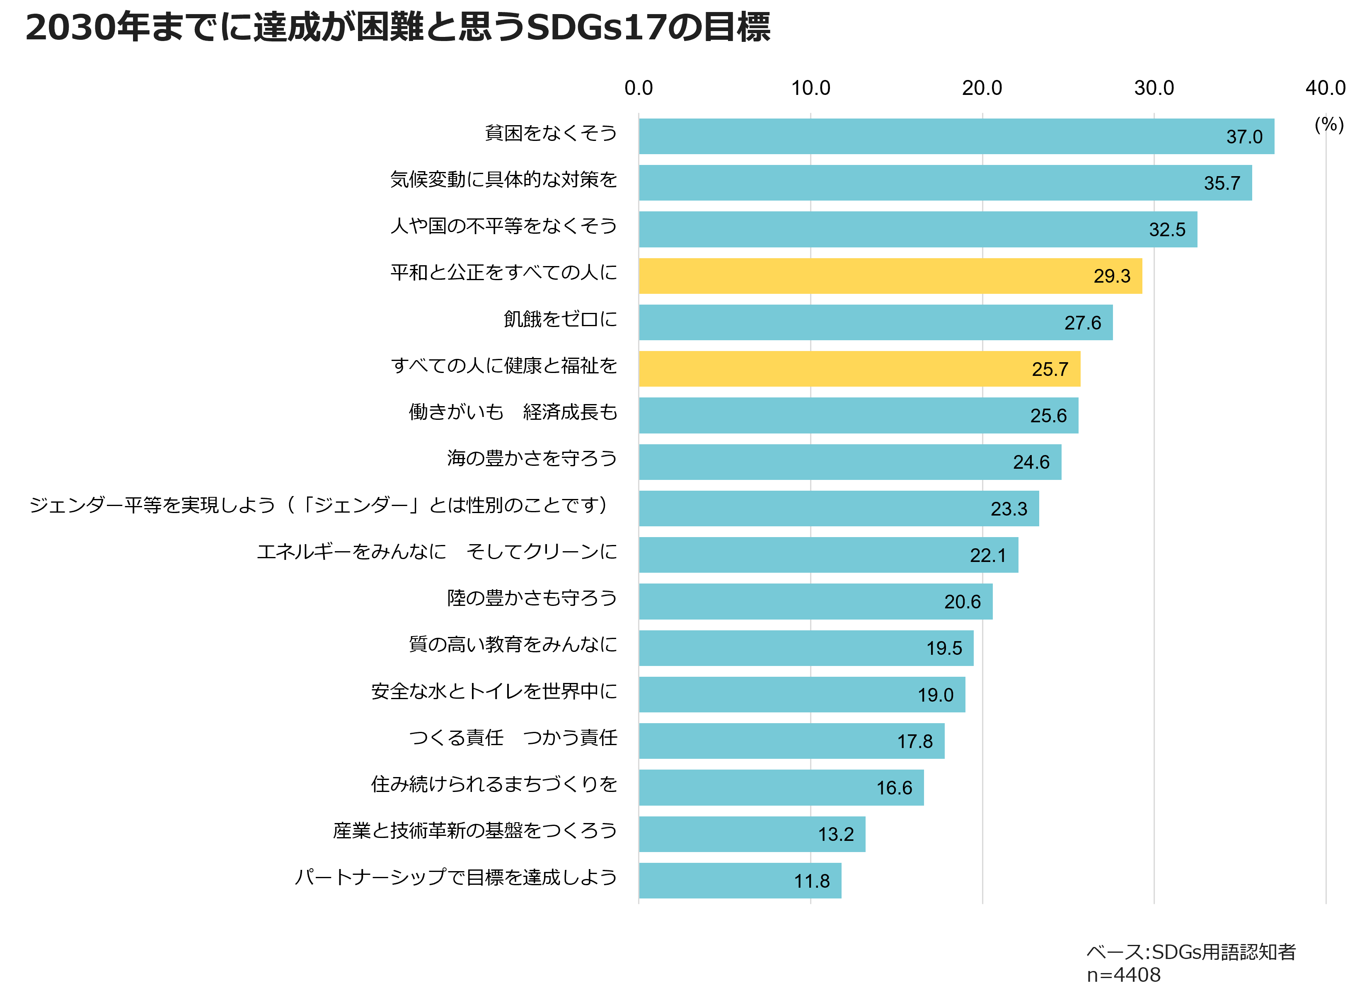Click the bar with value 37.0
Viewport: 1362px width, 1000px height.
(956, 136)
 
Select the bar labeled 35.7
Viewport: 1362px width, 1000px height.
(944, 183)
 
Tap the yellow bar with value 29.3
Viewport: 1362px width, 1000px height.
(890, 276)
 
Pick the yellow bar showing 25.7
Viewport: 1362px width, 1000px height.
(859, 369)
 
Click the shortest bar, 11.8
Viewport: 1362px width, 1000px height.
(739, 881)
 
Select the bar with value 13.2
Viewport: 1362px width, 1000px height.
(752, 834)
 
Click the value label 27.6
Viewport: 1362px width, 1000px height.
(1082, 323)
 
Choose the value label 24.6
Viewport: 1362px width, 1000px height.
(1031, 462)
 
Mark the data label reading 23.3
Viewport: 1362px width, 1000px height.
(1009, 509)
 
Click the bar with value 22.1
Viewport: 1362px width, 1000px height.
(828, 555)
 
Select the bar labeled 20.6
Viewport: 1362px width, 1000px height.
(815, 602)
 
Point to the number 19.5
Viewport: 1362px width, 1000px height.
(944, 648)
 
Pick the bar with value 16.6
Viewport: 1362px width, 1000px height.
(781, 787)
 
